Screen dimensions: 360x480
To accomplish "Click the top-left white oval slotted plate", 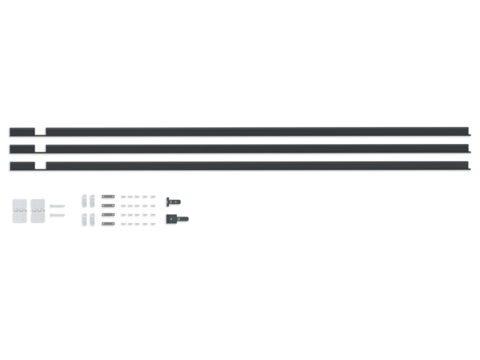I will pyautogui.click(x=84, y=199).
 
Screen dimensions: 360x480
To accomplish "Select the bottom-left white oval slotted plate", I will pyautogui.click(x=84, y=219).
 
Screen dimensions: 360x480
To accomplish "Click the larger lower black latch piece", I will pyautogui.click(x=176, y=218).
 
